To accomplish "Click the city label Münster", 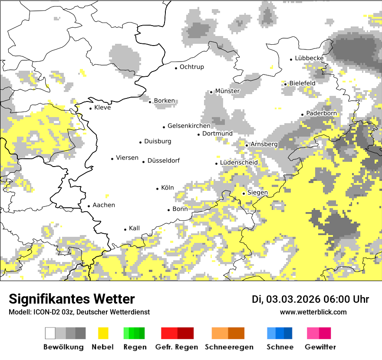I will coord(227,91).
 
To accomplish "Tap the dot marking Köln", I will coord(158,189).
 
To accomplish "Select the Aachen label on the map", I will coord(104,205).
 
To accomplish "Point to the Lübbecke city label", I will coord(309,58).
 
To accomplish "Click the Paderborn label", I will coord(321,114).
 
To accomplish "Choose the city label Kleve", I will coord(102,108).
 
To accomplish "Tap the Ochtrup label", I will coord(191,67).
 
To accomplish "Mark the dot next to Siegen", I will coord(244,193).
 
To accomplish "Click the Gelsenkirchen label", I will coord(189,126).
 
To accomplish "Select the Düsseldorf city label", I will coord(164,161).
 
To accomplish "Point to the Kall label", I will coord(135,228).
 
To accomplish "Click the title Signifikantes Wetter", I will coord(72,299).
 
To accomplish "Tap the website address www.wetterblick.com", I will coord(313,312).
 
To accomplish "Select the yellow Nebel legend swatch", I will coord(103,333).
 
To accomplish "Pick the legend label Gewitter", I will coord(320,347).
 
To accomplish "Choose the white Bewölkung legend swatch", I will coord(50,333).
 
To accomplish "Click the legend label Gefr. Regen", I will coord(177,347).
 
